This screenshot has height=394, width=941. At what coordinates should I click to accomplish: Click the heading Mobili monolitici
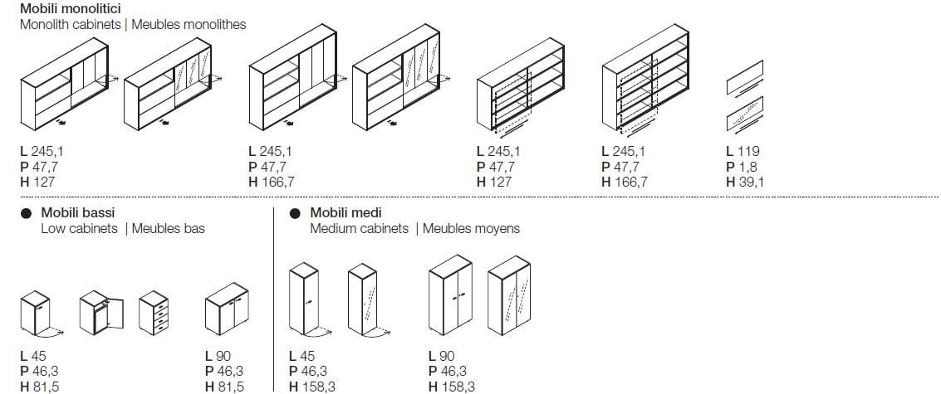click(71, 9)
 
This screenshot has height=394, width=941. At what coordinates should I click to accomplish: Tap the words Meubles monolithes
click(189, 25)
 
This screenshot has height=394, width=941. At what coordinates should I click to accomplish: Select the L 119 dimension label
click(743, 152)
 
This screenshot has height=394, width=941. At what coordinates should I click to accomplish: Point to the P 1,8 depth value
click(741, 167)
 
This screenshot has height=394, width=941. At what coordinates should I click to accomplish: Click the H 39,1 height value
click(745, 182)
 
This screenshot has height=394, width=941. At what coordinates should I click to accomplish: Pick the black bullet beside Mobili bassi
click(26, 213)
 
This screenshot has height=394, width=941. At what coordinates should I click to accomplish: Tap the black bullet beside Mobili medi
click(295, 213)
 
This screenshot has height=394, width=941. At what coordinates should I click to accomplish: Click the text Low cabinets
click(79, 228)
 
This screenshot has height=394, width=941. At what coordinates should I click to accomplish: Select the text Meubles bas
click(168, 228)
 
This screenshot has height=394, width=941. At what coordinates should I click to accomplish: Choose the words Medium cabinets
click(359, 228)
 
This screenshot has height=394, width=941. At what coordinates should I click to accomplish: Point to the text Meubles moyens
click(471, 228)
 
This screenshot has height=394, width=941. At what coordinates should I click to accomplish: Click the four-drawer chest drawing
click(154, 313)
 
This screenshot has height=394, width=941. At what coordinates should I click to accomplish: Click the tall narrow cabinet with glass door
click(363, 299)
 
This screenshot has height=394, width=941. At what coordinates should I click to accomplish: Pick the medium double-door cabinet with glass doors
click(509, 295)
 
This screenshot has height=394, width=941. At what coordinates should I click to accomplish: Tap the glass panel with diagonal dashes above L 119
click(745, 114)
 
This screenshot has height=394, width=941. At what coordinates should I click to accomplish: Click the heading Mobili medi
click(346, 213)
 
